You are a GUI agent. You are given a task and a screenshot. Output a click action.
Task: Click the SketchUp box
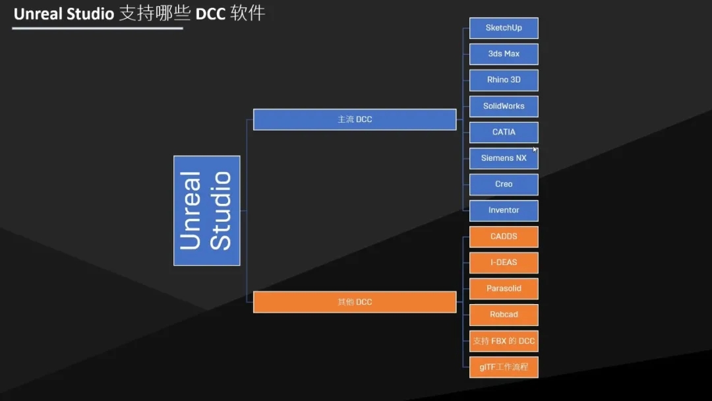tap(504, 28)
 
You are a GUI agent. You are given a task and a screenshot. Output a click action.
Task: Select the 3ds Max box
tap(504, 54)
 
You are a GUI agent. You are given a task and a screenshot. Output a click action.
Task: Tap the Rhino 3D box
tap(504, 80)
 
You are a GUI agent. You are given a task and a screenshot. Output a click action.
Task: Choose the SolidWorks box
tap(504, 106)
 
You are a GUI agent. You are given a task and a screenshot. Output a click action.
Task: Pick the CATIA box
tap(504, 132)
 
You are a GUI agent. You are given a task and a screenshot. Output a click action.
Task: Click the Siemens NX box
tap(504, 158)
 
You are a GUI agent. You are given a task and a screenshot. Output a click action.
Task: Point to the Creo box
tap(504, 184)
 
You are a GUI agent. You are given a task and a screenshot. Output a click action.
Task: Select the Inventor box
tap(504, 210)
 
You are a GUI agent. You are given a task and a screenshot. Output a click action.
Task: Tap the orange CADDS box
tap(504, 236)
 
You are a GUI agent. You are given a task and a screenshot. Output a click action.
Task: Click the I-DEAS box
tap(504, 262)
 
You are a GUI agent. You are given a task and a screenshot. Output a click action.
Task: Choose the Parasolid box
tap(504, 288)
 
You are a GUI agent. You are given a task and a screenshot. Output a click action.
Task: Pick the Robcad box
tap(504, 315)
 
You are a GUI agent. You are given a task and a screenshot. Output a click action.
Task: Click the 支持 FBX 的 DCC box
tap(504, 341)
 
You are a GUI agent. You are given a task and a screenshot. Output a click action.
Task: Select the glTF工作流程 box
tap(504, 367)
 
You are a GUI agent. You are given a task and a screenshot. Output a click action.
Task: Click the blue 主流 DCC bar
tap(355, 119)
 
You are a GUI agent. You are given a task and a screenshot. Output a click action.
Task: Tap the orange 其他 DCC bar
tap(355, 302)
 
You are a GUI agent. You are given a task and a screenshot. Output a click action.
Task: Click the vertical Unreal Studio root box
tap(206, 210)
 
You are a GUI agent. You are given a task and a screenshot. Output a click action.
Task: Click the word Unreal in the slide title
tap(38, 14)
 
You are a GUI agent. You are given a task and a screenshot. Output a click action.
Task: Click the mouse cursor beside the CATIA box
tap(535, 149)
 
